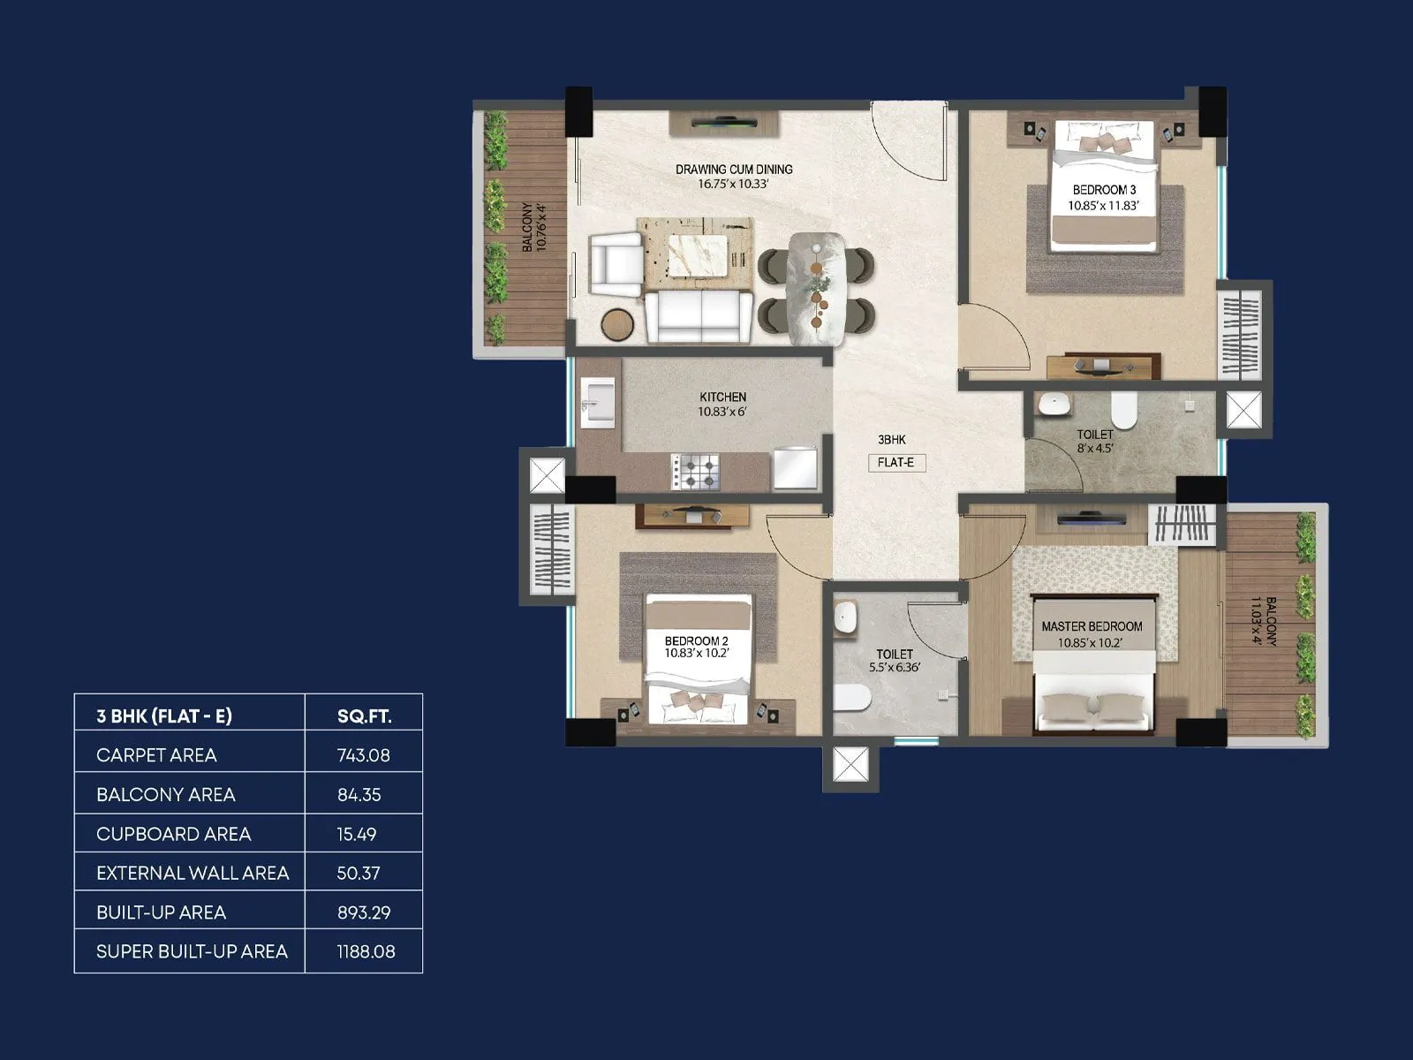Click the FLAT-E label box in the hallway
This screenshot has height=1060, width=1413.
point(895,462)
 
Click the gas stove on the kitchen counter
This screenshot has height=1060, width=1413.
point(695,471)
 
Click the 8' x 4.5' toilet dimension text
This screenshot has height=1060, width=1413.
point(1095,449)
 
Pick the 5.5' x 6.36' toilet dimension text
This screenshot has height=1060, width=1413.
point(894,668)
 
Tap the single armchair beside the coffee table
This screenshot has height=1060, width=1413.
point(616,264)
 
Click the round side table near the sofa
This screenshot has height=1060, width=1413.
point(617,324)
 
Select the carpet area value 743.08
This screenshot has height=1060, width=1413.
point(363,755)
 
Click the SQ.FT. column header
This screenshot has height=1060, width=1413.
point(364,716)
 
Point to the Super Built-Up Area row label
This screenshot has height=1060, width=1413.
point(192,951)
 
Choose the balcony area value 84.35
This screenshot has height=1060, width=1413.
point(359,795)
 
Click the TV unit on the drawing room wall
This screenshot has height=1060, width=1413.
point(723,123)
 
